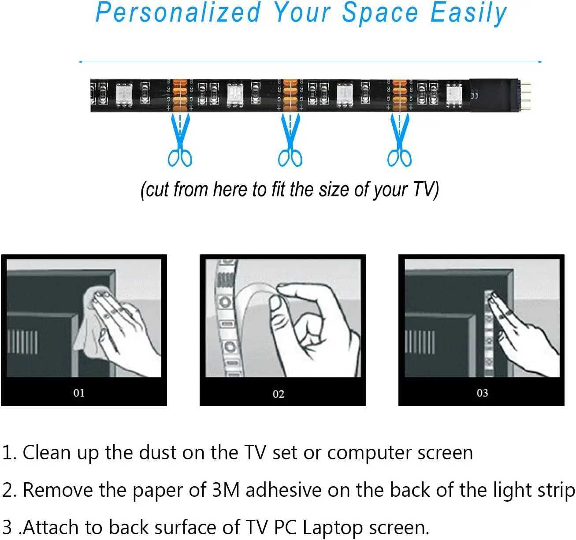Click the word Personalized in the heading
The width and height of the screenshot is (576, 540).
click(178, 13)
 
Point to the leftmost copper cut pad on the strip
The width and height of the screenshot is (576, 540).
click(180, 95)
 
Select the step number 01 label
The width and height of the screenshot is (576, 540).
click(79, 393)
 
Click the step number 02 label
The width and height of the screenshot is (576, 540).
click(279, 394)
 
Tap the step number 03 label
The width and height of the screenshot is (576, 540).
click(482, 393)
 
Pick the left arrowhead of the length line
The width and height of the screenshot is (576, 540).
click(80, 62)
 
